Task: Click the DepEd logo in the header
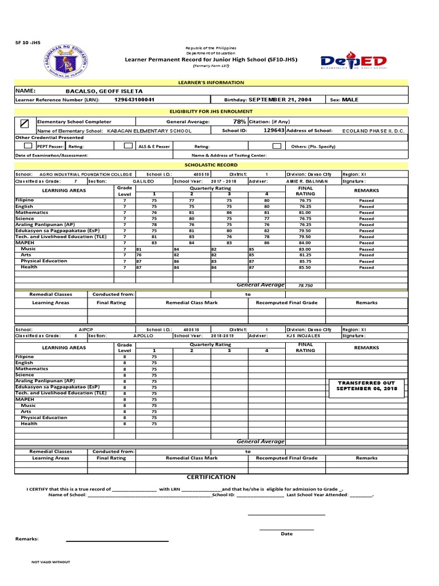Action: pyautogui.click(x=354, y=61)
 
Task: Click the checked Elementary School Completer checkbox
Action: pyautogui.click(x=24, y=122)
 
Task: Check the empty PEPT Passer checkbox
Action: pyautogui.click(x=27, y=146)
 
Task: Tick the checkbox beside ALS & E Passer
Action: pyautogui.click(x=128, y=146)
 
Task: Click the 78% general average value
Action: pyautogui.click(x=240, y=122)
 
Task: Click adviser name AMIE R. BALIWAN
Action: pyautogui.click(x=307, y=181)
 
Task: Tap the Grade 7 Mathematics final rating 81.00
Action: pyautogui.click(x=304, y=212)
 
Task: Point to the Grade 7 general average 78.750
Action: pyautogui.click(x=305, y=285)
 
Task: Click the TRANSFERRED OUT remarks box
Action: pyautogui.click(x=366, y=386)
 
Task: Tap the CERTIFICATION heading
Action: pyautogui.click(x=211, y=477)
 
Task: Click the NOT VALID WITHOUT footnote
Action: pyautogui.click(x=51, y=562)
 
